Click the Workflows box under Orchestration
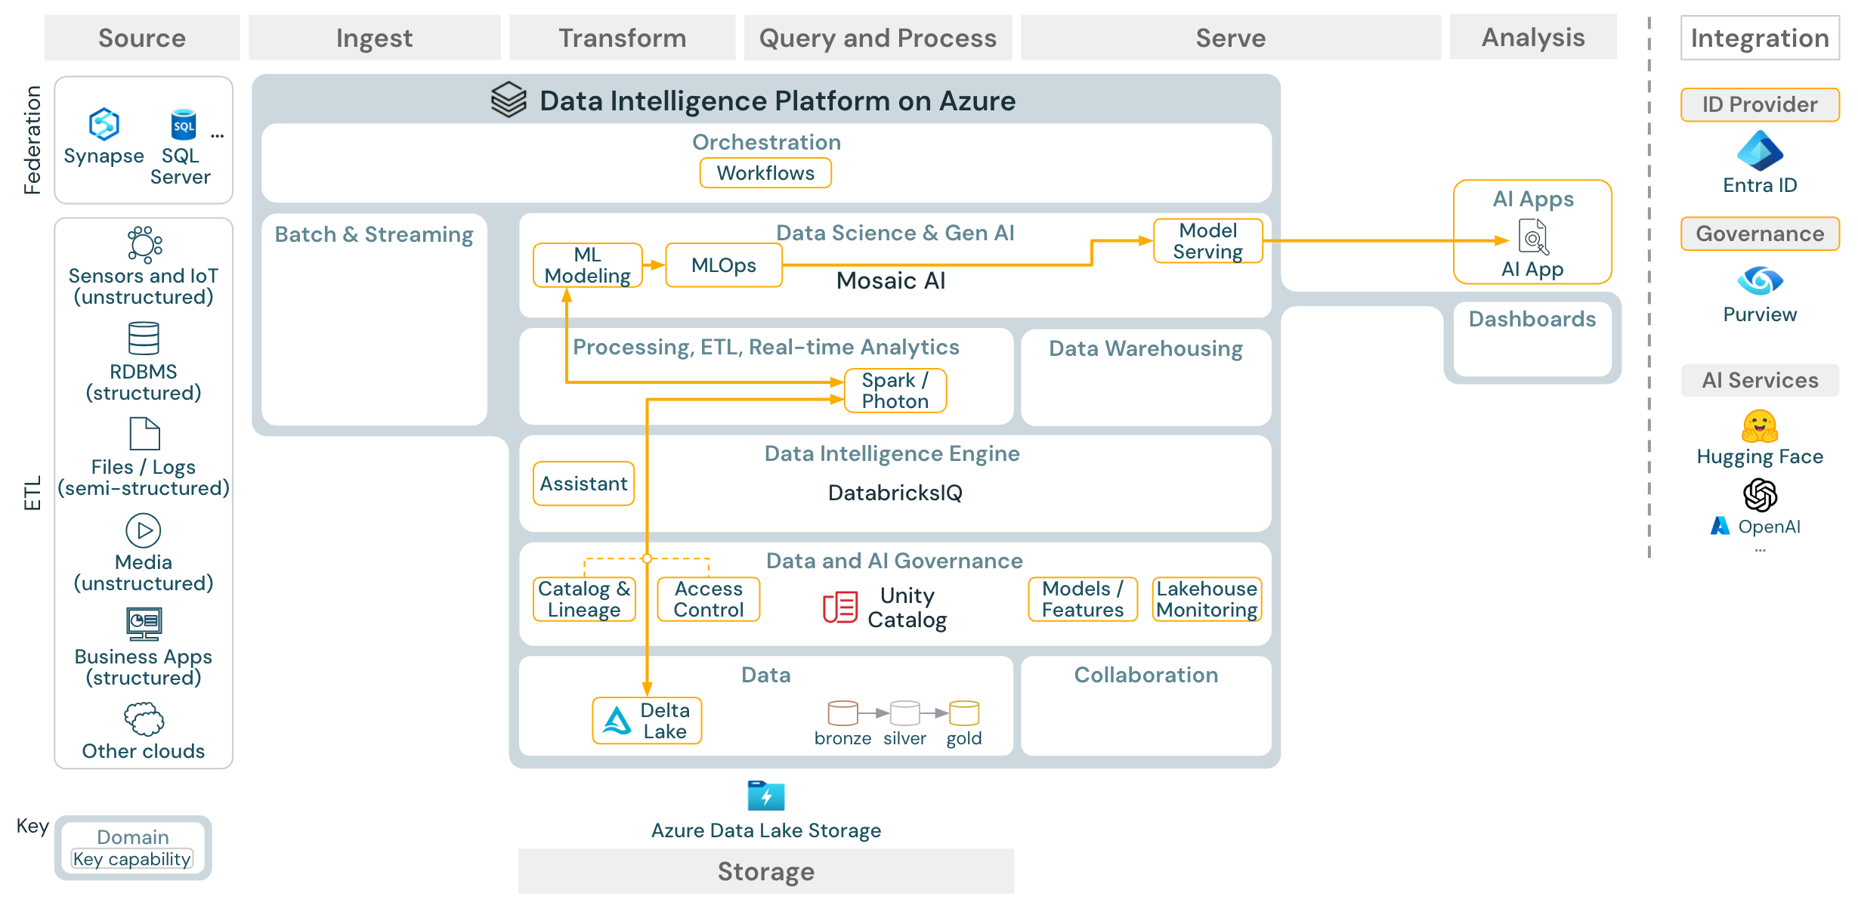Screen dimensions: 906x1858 (x=765, y=173)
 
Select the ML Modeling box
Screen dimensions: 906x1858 (x=587, y=265)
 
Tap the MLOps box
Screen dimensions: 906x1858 (x=723, y=265)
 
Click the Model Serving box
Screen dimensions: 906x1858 (x=1207, y=241)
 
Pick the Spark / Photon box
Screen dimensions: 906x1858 (x=895, y=391)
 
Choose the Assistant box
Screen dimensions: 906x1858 (x=583, y=484)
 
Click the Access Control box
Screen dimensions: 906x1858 (x=708, y=599)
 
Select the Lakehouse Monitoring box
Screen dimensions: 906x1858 (x=1207, y=599)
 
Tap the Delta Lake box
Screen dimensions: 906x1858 (x=647, y=721)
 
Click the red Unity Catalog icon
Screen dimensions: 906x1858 (x=839, y=608)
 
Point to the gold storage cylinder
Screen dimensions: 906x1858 (x=963, y=713)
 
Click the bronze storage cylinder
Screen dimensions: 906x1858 (x=842, y=713)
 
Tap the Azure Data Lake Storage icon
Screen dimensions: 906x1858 (x=765, y=796)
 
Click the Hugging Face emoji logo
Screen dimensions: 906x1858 (x=1759, y=426)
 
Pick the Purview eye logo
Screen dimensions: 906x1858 (x=1759, y=281)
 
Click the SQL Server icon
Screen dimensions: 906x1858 (x=184, y=125)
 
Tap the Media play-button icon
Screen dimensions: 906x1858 (x=144, y=530)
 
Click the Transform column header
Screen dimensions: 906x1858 (x=622, y=38)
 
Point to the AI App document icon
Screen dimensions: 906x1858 (x=1532, y=237)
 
